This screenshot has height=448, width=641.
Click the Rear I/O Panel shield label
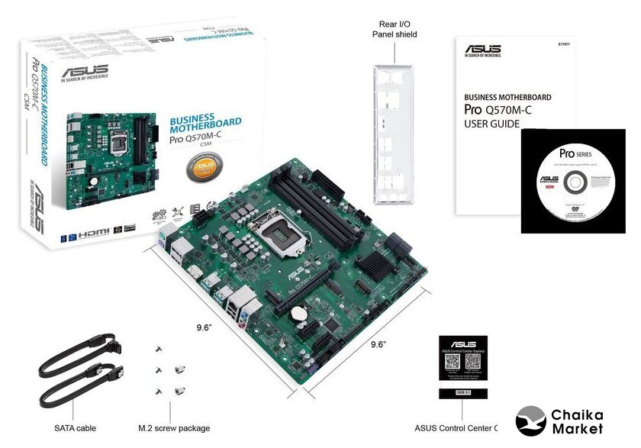(x=395, y=28)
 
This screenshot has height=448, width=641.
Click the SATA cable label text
(x=75, y=428)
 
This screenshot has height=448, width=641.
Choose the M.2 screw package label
(x=174, y=428)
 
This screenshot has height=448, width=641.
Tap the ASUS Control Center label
(x=455, y=428)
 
